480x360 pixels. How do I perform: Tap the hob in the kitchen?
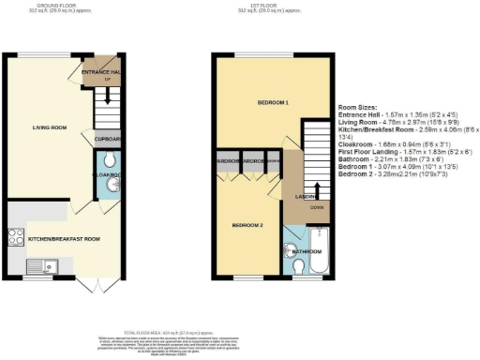[x=17, y=237]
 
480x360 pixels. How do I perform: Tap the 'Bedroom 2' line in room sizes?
[x=396, y=175]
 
